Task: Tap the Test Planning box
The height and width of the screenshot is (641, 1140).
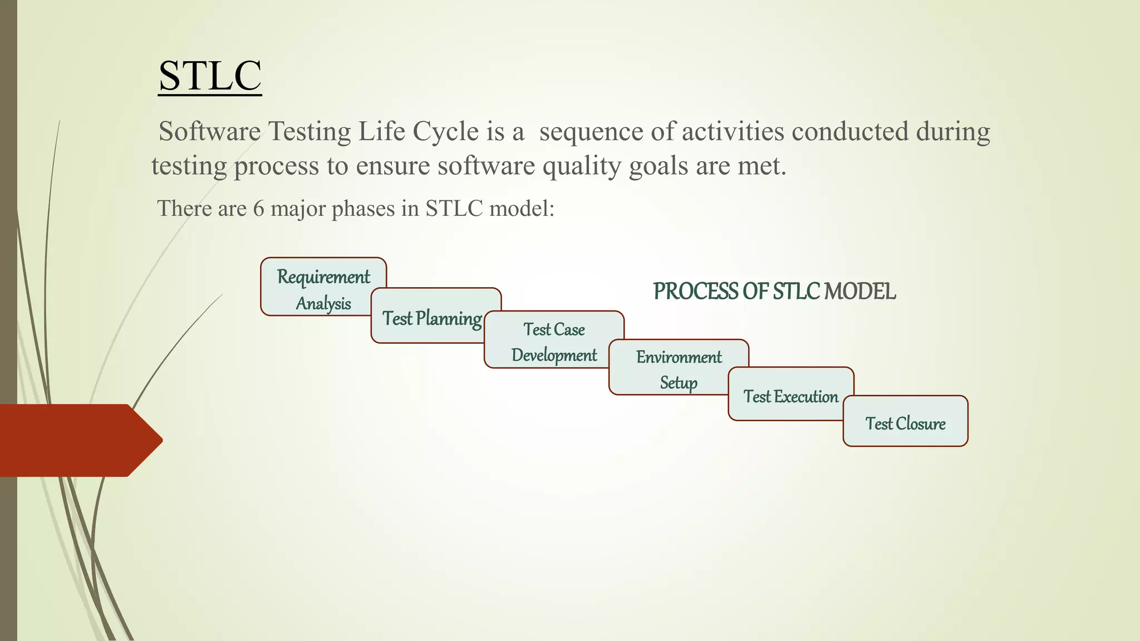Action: point(431,318)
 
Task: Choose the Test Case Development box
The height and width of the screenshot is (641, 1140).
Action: point(553,342)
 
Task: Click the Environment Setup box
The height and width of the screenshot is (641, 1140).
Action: point(678,369)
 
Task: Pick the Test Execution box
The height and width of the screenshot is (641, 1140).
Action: point(790,396)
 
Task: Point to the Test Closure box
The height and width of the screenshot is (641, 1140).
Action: point(905,423)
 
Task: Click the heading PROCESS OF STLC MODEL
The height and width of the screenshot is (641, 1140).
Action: point(774,292)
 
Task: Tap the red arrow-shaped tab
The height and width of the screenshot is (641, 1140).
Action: point(78,440)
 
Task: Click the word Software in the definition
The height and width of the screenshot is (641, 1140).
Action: point(209,132)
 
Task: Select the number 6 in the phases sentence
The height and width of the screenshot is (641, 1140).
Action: point(258,209)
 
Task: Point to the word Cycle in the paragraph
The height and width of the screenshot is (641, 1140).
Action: point(445,132)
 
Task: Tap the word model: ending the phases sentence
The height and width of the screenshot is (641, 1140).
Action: point(521,209)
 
